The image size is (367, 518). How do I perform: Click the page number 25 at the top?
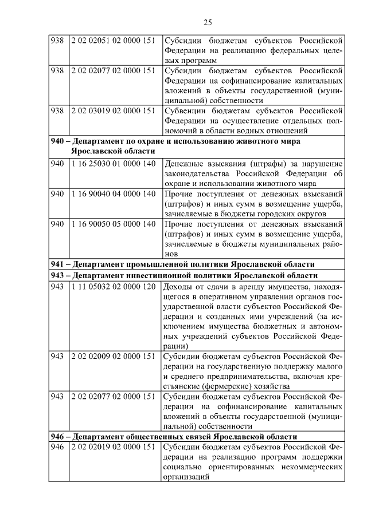click(208, 23)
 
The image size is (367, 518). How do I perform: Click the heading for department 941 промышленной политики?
click(182, 264)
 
